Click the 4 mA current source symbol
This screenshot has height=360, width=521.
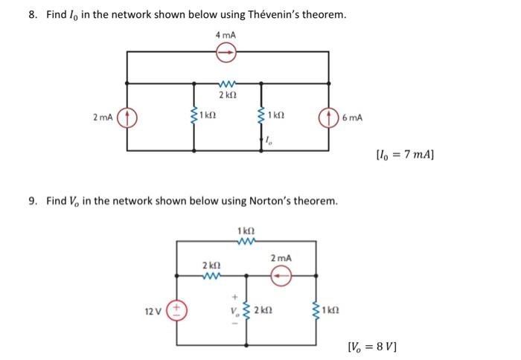click(228, 51)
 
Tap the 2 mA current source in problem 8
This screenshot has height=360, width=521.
click(127, 118)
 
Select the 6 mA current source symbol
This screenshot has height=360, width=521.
click(328, 118)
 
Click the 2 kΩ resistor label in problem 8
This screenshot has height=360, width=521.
click(227, 97)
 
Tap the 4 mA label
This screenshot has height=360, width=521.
click(227, 35)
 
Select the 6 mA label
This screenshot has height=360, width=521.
click(352, 118)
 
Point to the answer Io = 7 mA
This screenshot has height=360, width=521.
click(406, 156)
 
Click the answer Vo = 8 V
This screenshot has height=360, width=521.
click(373, 346)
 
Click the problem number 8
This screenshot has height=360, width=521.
click(33, 15)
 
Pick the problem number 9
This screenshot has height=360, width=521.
click(33, 201)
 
